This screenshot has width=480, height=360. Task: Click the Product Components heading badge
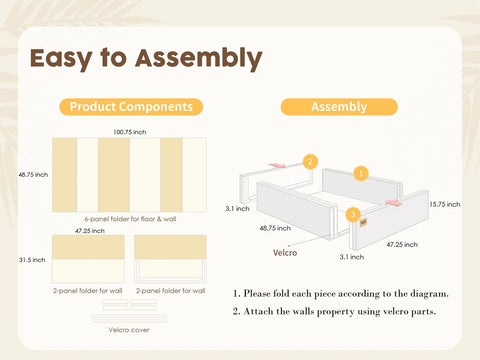coord(131,107)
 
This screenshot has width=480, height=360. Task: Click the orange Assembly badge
coord(339,107)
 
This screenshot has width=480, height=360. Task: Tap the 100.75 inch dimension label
coord(130,132)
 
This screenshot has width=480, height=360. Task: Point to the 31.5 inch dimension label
coord(32,260)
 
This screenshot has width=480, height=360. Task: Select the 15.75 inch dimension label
coord(445,204)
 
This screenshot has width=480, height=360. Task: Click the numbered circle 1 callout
coord(361,173)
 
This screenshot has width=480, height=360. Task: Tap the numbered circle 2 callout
coord(310,162)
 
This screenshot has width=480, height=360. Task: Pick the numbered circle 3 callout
coord(353,214)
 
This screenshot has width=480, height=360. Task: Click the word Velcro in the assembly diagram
coord(285,253)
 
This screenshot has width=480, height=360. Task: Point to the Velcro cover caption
coord(129,330)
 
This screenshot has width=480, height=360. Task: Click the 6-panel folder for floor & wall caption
coord(130,219)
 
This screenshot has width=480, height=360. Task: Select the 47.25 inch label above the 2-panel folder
coord(90,231)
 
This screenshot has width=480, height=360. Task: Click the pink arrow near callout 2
coord(277,165)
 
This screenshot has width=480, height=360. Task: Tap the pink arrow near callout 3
coord(393,203)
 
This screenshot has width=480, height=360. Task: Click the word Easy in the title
coord(61,59)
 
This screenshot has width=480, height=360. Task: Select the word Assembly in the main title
coord(199,59)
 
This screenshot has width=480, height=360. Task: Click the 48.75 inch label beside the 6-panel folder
coord(33,175)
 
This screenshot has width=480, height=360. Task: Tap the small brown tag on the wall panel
coord(363,222)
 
